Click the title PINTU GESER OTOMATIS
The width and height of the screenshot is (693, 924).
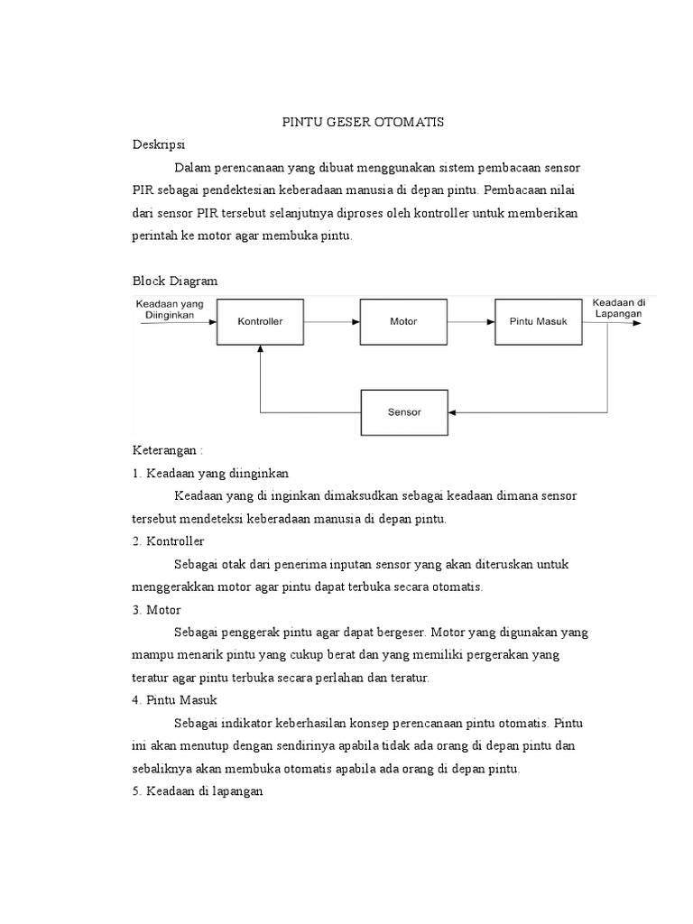click(359, 122)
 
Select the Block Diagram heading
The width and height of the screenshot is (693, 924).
click(175, 282)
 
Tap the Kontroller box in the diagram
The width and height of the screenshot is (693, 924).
click(260, 321)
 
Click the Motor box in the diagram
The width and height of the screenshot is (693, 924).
click(403, 321)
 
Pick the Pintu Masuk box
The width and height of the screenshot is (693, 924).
click(539, 321)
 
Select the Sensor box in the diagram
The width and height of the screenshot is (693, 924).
click(404, 411)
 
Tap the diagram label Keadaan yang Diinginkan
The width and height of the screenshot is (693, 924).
click(170, 310)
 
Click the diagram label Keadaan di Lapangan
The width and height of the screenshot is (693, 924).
click(618, 307)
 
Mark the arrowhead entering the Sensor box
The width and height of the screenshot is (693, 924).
click(454, 412)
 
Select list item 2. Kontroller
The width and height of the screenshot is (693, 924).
click(168, 541)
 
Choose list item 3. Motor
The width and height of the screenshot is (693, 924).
click(157, 610)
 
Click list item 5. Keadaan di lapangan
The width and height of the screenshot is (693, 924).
click(197, 791)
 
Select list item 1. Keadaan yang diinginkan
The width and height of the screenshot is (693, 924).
click(209, 473)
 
